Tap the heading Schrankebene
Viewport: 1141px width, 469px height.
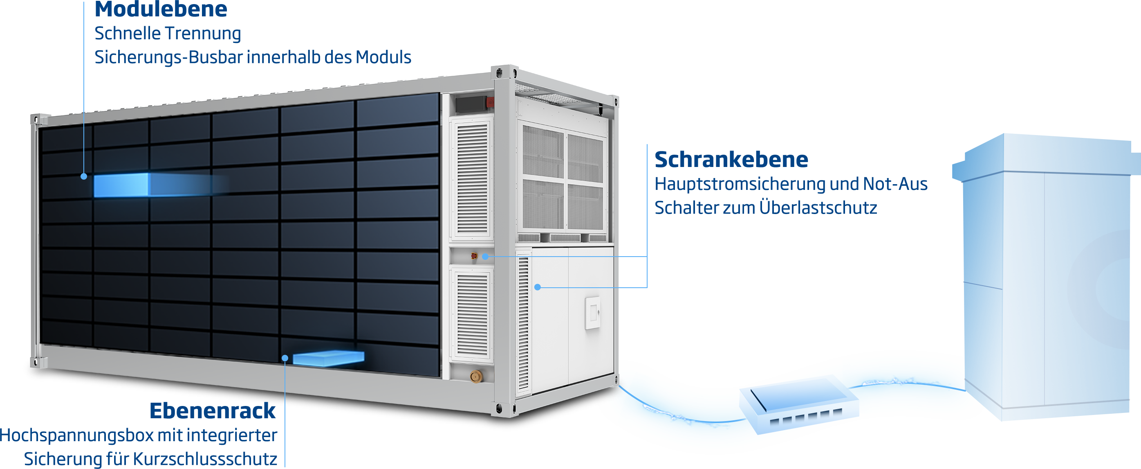pyautogui.click(x=731, y=160)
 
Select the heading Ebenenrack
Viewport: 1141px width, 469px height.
pyautogui.click(x=213, y=410)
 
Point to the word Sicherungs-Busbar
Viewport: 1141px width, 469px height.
pyautogui.click(x=169, y=57)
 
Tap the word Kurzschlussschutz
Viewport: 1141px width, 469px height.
pyautogui.click(x=206, y=459)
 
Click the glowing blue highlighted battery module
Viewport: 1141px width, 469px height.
pyautogui.click(x=121, y=185)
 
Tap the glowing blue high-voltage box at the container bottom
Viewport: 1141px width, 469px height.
pyautogui.click(x=328, y=358)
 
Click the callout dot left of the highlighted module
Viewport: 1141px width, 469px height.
pyautogui.click(x=84, y=176)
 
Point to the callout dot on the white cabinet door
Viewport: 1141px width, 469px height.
pyautogui.click(x=537, y=287)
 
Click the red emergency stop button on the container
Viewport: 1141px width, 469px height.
pyautogui.click(x=473, y=256)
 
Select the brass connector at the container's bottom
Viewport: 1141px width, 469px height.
pyautogui.click(x=476, y=377)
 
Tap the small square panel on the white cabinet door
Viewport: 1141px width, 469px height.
pyautogui.click(x=592, y=313)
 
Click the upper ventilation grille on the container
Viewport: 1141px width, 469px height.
pyautogui.click(x=472, y=177)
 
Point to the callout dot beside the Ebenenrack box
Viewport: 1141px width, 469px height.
pyautogui.click(x=285, y=358)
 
